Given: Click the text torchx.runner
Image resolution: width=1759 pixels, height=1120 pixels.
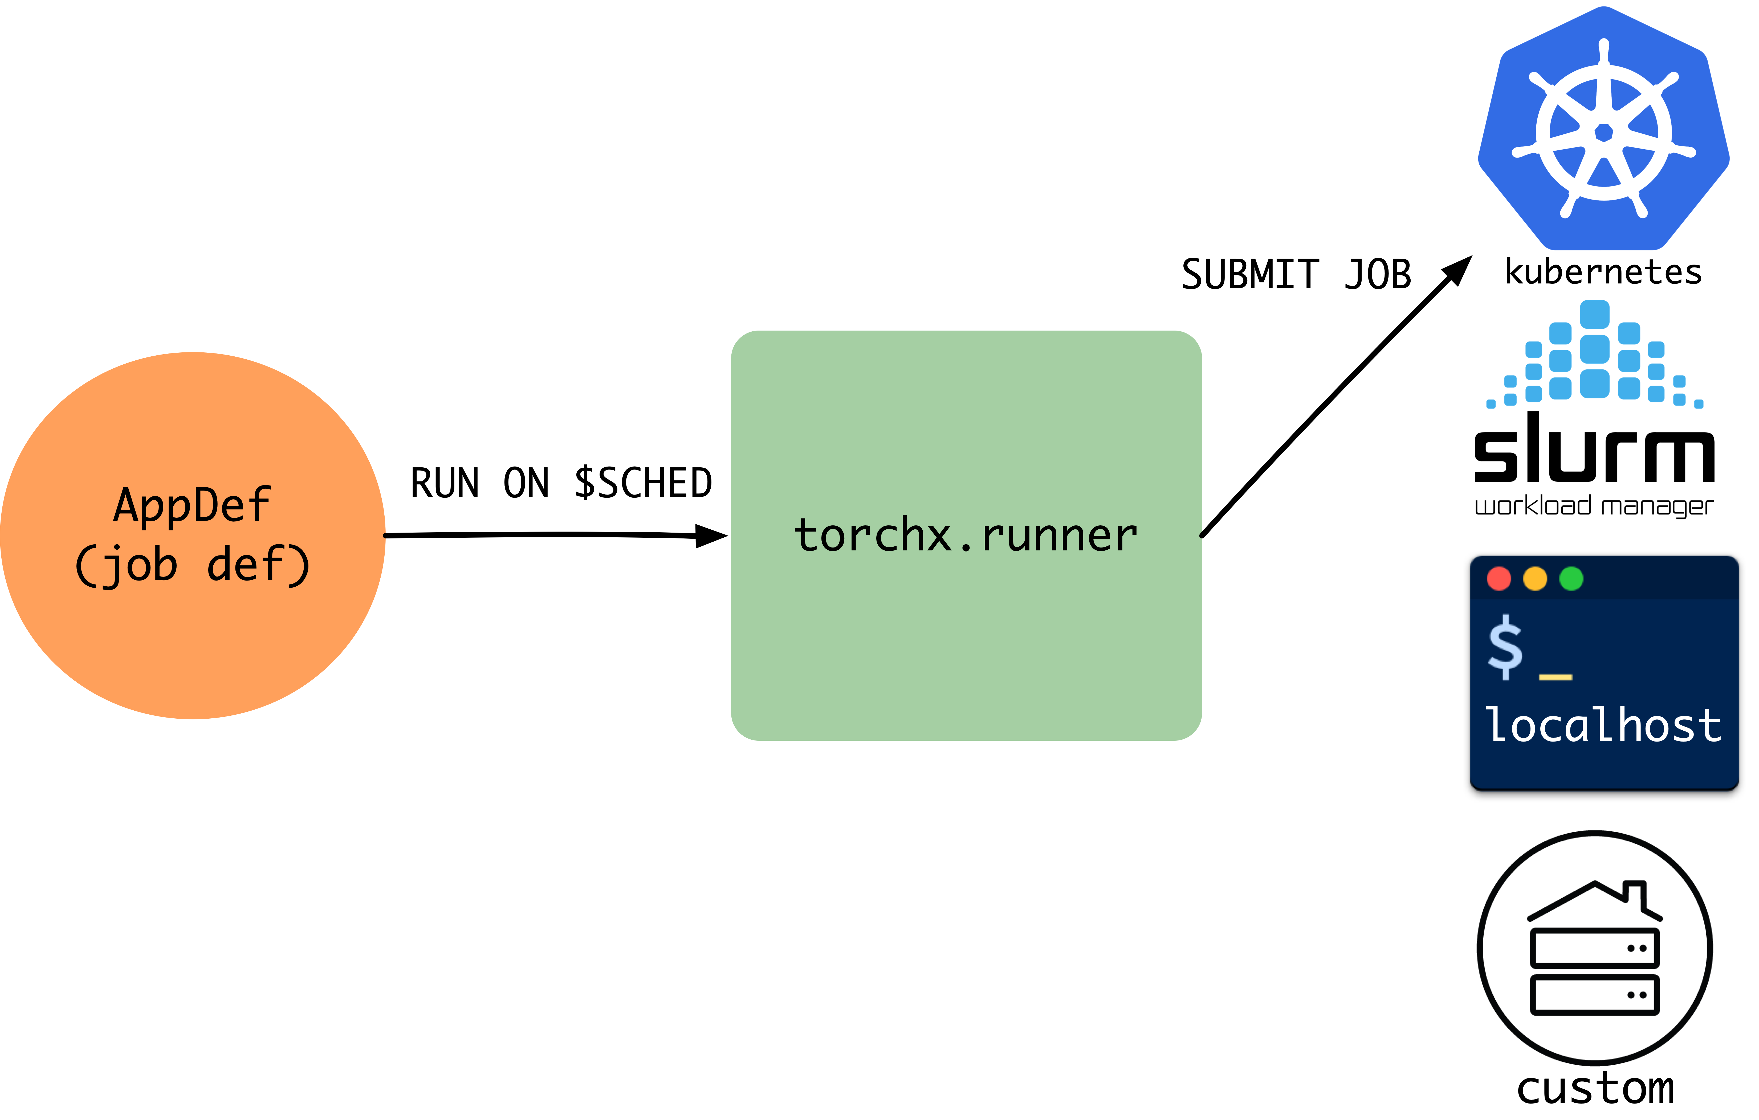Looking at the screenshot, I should pos(966,535).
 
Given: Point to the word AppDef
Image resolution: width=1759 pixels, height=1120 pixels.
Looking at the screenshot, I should pos(192,505).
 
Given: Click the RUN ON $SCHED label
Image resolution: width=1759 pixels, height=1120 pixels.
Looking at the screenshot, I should pos(561,483).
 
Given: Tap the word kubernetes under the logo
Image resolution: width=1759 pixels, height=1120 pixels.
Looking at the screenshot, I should pos(1603,272).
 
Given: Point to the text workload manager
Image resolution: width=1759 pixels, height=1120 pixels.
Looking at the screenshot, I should pos(1594,506).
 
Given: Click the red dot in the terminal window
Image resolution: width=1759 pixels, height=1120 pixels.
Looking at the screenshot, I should pos(1499,579).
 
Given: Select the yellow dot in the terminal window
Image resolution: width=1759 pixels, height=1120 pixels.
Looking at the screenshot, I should pos(1535,579).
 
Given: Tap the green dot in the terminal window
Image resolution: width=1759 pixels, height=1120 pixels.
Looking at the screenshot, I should pos(1571,579).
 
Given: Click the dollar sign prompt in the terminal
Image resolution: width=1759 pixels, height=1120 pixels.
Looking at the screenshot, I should pos(1505,647).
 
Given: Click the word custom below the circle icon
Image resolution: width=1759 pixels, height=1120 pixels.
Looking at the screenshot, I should pos(1595,1089).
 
